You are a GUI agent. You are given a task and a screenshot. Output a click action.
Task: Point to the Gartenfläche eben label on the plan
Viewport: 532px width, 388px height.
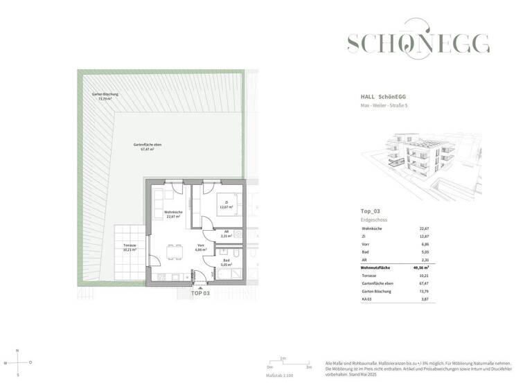coord(144,146)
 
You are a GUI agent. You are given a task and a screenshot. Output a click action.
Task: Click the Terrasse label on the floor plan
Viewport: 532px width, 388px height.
coord(130,247)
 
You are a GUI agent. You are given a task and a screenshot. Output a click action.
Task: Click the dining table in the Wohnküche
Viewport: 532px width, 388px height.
coord(173,250)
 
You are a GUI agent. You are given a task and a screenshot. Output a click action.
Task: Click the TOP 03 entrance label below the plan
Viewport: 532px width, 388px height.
coord(199,294)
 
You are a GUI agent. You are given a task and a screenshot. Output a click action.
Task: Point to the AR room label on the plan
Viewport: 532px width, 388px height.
coord(227,233)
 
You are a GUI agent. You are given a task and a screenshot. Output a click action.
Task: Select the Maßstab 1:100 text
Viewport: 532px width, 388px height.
coord(280,375)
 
